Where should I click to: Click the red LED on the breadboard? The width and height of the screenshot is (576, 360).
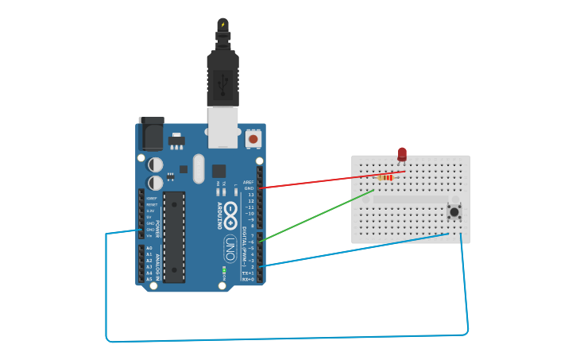pos(402,154)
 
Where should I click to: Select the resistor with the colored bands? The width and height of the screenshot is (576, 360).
pos(385,179)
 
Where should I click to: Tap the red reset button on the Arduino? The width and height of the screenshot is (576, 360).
pos(253,139)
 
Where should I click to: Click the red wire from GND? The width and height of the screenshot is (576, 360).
pos(334,180)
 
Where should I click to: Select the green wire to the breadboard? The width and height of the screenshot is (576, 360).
pos(318,215)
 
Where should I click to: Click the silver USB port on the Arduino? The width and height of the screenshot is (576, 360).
pos(222,127)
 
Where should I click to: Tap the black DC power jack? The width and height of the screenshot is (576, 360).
pos(151,134)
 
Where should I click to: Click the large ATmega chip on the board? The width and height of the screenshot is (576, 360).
pos(174,236)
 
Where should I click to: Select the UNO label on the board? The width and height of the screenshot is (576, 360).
pos(229,244)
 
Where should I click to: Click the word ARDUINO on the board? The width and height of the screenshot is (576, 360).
pos(220,215)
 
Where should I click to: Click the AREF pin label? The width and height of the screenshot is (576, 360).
pos(249,182)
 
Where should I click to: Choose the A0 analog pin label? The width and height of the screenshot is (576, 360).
pos(149,248)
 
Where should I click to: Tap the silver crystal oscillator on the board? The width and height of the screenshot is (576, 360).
pos(198,168)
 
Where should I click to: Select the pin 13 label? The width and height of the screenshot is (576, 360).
pos(250,195)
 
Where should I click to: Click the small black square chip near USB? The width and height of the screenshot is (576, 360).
pos(218,171)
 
